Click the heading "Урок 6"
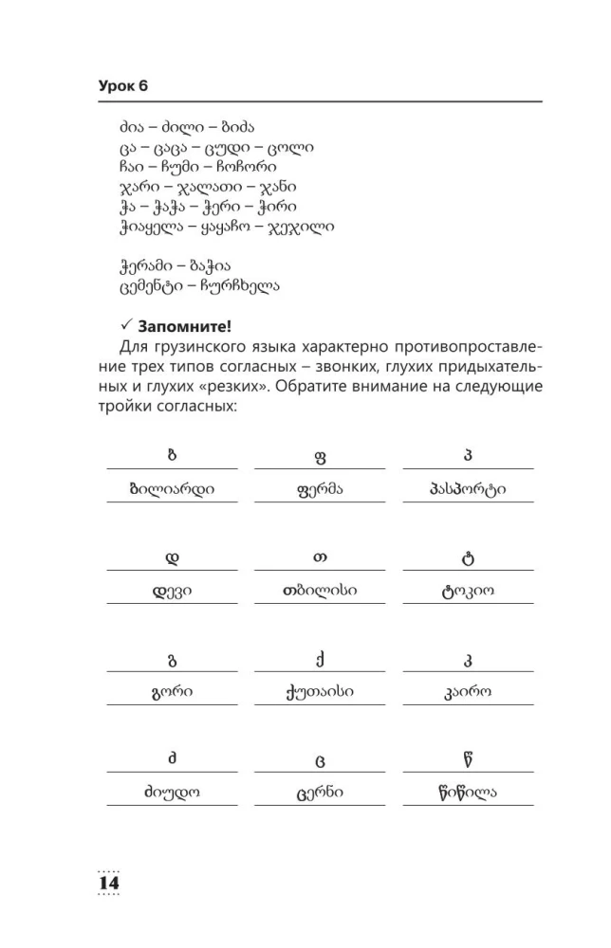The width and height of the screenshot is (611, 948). point(123,86)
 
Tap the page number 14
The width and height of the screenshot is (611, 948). point(108,882)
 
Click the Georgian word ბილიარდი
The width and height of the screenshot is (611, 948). point(172,490)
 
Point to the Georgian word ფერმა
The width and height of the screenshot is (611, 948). point(320,490)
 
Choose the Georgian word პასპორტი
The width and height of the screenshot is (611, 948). point(468,490)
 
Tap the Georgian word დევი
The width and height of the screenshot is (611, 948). point(172,592)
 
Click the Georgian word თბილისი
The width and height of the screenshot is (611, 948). point(320,592)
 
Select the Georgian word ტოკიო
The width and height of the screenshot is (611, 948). point(468,592)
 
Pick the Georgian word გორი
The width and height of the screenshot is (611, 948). point(172,692)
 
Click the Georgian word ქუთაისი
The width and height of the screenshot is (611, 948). point(320,692)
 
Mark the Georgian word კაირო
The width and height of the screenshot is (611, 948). point(468,692)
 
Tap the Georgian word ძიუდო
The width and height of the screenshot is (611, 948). point(172,793)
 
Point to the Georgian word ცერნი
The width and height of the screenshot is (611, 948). point(320,793)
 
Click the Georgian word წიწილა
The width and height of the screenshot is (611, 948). point(468,792)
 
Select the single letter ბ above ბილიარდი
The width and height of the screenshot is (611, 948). point(172,456)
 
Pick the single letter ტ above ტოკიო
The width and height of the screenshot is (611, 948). point(468,557)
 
